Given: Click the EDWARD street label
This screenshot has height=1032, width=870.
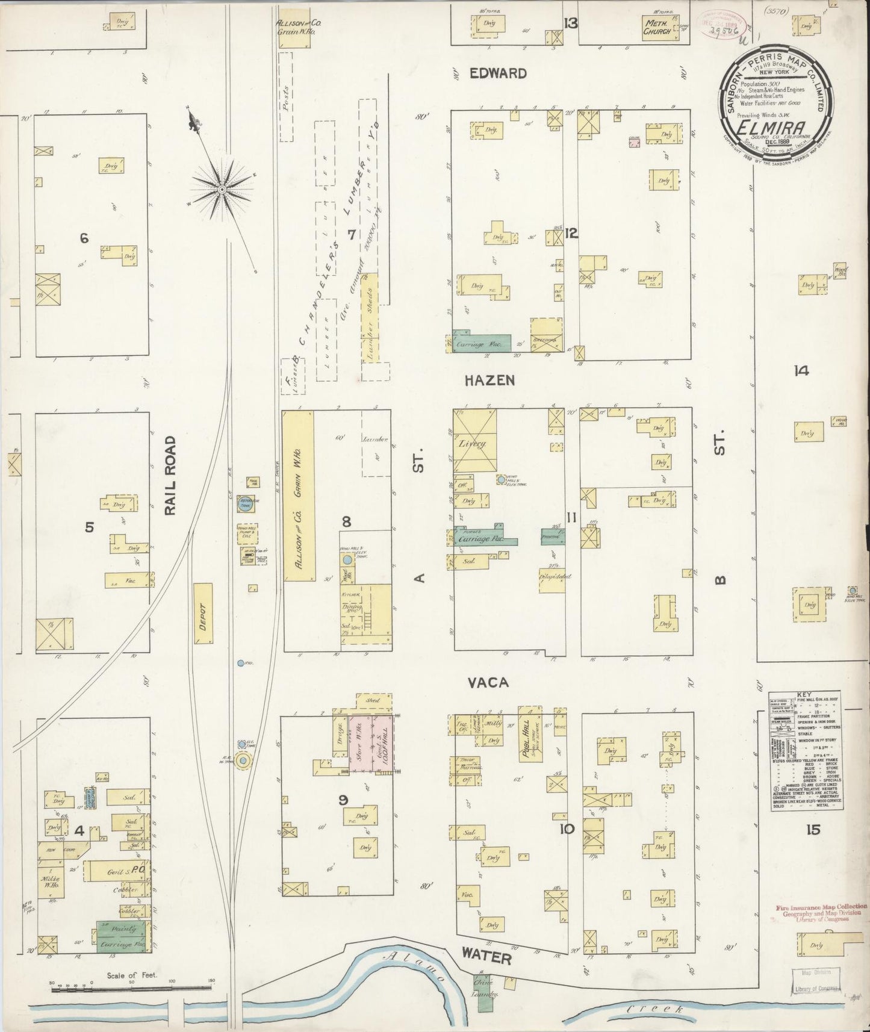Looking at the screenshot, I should (x=498, y=73).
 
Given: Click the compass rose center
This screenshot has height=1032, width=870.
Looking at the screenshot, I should (x=222, y=190).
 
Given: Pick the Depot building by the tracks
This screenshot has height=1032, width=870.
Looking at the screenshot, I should (x=203, y=615).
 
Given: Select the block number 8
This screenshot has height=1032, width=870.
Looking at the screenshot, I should (x=346, y=521).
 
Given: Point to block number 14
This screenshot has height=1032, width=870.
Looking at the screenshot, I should (x=801, y=371).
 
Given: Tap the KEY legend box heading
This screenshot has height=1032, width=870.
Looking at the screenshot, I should (x=807, y=694).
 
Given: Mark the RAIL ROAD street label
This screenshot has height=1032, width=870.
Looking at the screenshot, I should (x=171, y=475).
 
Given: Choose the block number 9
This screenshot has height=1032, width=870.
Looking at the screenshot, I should (x=343, y=800).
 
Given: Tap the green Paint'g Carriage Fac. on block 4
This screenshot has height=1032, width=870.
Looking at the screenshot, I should (x=123, y=937).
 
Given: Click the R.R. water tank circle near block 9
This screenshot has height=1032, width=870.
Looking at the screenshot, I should (x=243, y=761).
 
